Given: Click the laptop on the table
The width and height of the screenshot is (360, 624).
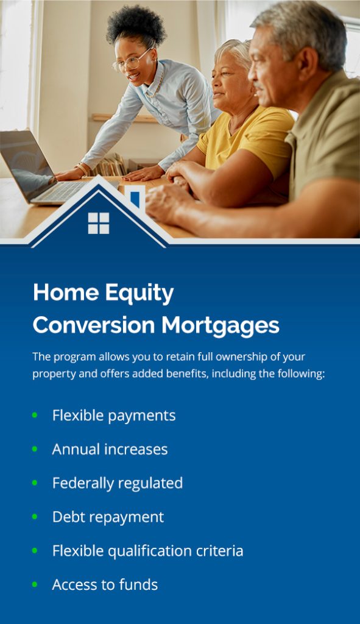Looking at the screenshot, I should coord(37,168).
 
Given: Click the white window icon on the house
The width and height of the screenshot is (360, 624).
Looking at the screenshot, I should coord(98,223).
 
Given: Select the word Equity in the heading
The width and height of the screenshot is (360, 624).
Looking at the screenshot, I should coord(139,293).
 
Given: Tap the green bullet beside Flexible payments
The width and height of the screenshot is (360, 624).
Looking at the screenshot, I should coord(35,415).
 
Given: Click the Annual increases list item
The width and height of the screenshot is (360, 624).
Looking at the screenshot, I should coord(110,449).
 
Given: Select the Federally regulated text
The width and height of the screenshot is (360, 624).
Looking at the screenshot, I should coord(117,483).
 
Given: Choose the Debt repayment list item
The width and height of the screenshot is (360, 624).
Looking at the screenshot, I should coord(108,517).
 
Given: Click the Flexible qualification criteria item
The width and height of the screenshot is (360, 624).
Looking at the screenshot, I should coord(147,551).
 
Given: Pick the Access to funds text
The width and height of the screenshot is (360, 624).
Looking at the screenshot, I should coord(105,585).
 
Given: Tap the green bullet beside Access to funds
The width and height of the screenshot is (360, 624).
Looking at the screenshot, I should coord(35,584).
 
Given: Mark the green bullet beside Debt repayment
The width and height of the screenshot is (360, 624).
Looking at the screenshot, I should coord(35,517).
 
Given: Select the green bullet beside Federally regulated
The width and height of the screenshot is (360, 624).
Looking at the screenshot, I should coord(35,483).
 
